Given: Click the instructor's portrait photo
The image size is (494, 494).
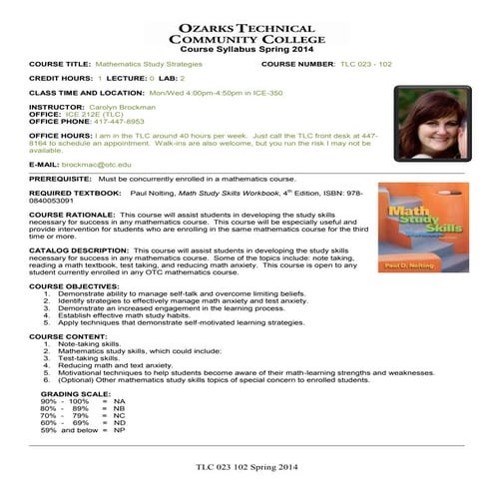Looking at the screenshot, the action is tap(432, 123).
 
